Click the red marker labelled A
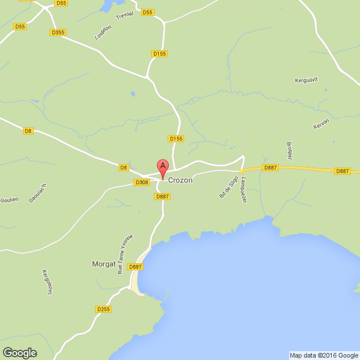162,168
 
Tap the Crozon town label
180,180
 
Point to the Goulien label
9,199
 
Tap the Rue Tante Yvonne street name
125,254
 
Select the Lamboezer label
243,191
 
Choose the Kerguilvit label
306,80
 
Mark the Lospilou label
104,31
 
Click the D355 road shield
58,32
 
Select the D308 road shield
142,182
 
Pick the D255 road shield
103,309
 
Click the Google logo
19,352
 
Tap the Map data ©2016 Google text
323,355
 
